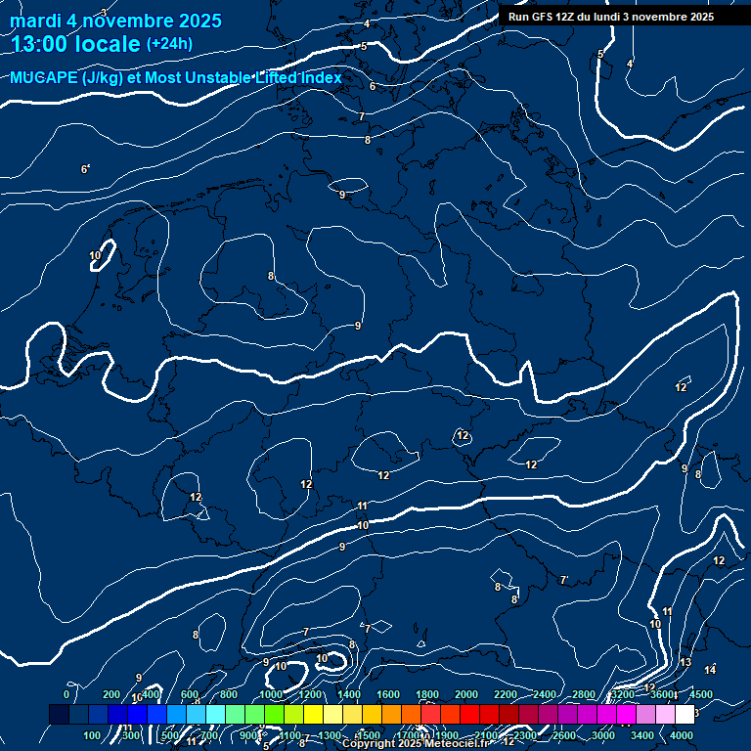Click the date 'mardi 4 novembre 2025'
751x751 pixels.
tap(115, 21)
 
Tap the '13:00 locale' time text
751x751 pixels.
tap(76, 43)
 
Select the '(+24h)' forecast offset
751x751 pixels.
tap(169, 44)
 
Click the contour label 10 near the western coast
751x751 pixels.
tap(95, 256)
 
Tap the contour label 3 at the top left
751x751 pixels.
tap(103, 12)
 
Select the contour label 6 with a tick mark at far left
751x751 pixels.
tap(85, 169)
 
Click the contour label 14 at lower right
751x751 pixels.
tap(710, 670)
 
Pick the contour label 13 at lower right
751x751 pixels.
tap(685, 663)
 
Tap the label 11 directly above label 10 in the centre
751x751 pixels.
tap(363, 506)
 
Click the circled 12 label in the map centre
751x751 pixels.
tap(463, 435)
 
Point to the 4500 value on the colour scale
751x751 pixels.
tap(701, 694)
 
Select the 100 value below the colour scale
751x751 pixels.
tap(93, 735)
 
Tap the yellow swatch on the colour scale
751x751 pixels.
tap(352, 715)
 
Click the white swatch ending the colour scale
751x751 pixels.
tap(685, 715)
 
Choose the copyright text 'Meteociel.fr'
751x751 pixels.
tap(461, 744)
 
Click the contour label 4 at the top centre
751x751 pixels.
tap(367, 23)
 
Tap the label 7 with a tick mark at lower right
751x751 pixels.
tap(563, 580)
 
